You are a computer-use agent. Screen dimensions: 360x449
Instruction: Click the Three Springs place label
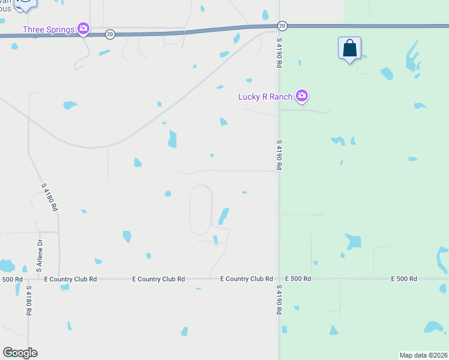(49, 29)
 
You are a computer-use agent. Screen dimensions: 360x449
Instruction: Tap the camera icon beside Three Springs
(83, 28)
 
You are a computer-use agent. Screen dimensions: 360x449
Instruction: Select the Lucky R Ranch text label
(265, 96)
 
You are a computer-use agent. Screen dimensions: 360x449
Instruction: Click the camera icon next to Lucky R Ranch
(302, 95)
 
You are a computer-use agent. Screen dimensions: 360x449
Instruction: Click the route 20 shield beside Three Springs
(109, 34)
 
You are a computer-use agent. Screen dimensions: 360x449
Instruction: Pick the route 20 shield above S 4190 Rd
(282, 26)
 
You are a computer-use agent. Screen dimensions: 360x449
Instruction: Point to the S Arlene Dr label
(38, 256)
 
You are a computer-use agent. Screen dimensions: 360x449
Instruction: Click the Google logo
(20, 352)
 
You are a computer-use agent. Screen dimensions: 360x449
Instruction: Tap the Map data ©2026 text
(423, 355)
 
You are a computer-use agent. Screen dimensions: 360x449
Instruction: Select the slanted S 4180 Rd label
(50, 197)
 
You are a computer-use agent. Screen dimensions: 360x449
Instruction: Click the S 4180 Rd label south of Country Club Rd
(28, 300)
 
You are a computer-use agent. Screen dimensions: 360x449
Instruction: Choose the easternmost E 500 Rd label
(403, 279)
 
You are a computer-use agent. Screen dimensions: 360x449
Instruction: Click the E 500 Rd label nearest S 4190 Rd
(298, 279)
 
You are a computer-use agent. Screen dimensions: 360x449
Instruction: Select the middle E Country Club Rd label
(158, 279)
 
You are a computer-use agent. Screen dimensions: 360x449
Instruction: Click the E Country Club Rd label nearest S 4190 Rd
(247, 279)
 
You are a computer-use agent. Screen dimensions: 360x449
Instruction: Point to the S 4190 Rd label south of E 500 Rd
(279, 300)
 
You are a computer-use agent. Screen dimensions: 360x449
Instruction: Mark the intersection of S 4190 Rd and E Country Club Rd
(279, 279)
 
